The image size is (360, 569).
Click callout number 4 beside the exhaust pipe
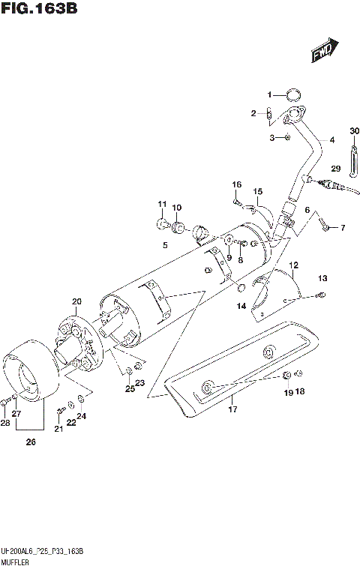(x=331, y=140)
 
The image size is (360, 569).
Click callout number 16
(x=237, y=184)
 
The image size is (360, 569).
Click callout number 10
(x=177, y=208)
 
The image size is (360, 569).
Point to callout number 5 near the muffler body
(x=163, y=244)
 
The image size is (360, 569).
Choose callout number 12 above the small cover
(x=294, y=265)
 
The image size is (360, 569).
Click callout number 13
(x=322, y=279)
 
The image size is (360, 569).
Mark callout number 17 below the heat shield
(x=232, y=409)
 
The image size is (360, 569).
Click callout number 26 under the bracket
(x=31, y=442)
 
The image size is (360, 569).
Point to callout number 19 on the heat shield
(x=287, y=391)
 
